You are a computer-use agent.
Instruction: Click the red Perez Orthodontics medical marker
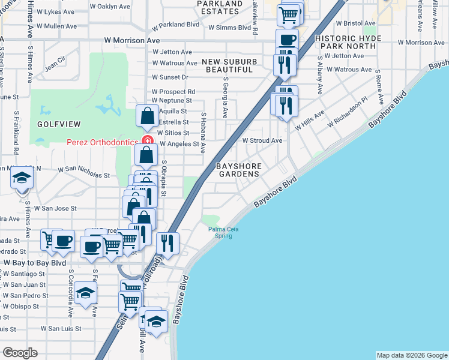(x=147, y=142)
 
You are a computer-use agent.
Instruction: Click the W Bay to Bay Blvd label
(x=35, y=263)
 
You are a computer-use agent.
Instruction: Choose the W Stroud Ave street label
(x=262, y=140)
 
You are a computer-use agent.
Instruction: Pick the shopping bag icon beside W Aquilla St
(x=147, y=116)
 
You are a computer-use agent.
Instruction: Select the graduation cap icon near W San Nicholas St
(x=22, y=178)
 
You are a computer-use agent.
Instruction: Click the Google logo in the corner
(x=20, y=353)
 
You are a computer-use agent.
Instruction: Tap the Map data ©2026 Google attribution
(x=411, y=355)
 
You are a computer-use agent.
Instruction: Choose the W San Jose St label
(x=55, y=208)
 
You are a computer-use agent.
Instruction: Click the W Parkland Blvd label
(x=175, y=27)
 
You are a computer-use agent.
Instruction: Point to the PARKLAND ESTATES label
(x=219, y=7)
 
